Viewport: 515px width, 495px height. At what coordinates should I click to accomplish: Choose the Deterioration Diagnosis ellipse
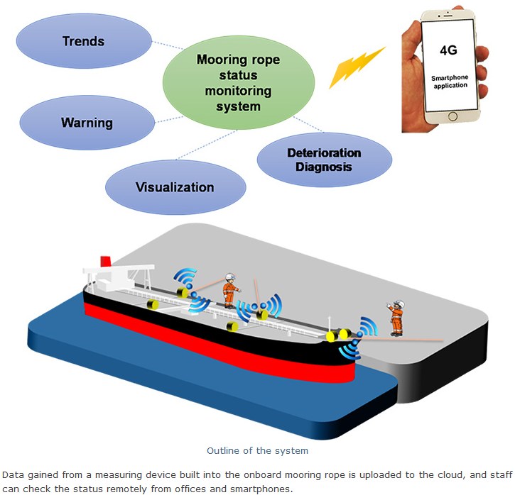point(323,160)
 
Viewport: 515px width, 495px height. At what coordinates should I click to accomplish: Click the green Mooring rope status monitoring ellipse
point(233,82)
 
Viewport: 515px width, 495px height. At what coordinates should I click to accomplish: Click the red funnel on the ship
point(105,261)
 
